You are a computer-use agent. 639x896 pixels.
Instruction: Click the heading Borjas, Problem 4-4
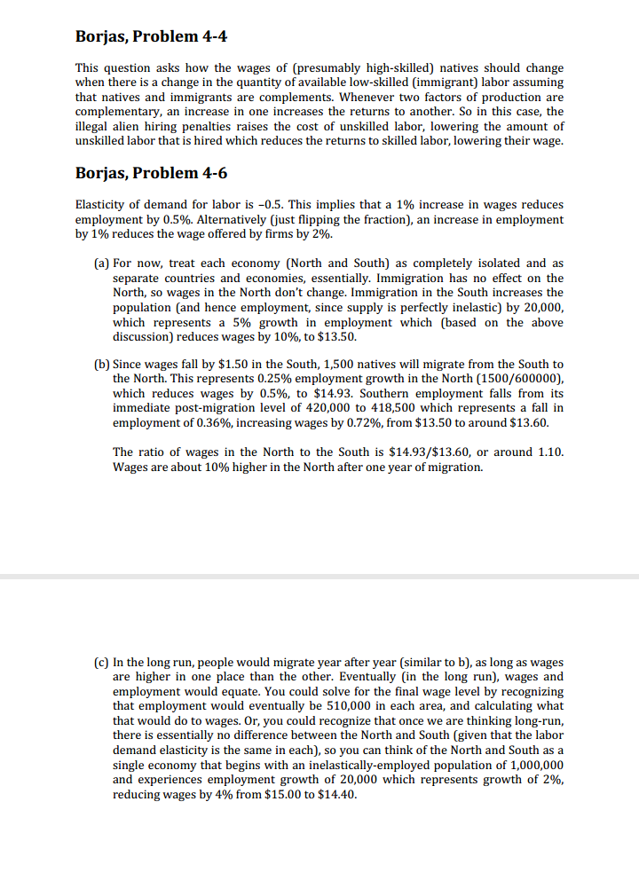(156, 36)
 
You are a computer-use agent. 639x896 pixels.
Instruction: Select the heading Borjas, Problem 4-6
(156, 172)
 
